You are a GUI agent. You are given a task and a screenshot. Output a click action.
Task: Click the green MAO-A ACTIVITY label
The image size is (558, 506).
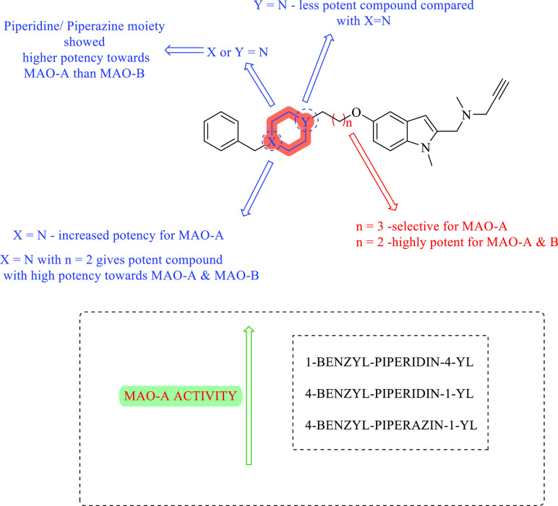coord(179,396)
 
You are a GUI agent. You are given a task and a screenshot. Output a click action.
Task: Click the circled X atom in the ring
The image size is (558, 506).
coord(270,142)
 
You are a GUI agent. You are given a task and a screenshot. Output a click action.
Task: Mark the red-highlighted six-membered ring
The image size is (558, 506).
coord(288,131)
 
